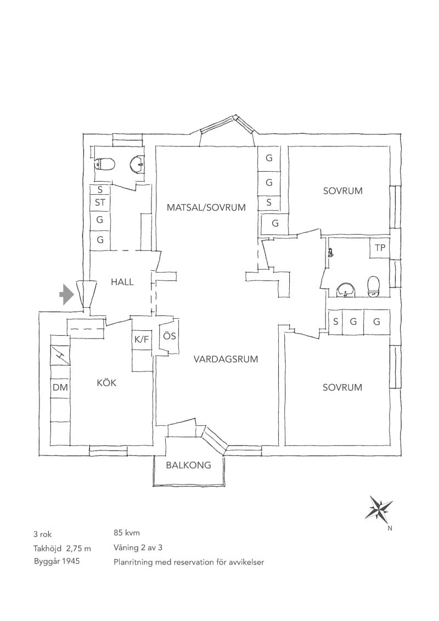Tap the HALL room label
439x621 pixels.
click(x=122, y=283)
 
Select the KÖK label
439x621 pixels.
click(x=106, y=382)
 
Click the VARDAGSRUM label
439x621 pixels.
click(x=226, y=359)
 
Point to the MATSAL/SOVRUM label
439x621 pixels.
click(x=206, y=207)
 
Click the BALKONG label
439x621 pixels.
click(x=188, y=465)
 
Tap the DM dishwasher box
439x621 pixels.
click(x=60, y=387)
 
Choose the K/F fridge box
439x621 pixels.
click(x=142, y=340)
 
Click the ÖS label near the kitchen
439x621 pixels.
click(x=170, y=336)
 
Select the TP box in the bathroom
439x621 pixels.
click(x=380, y=248)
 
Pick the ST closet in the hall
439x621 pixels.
click(x=100, y=202)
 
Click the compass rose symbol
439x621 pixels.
click(x=380, y=507)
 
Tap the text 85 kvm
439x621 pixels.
click(x=126, y=533)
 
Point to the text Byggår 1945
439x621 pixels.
click(x=57, y=561)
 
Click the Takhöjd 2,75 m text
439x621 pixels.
click(x=62, y=548)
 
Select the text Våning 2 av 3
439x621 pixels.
click(x=138, y=547)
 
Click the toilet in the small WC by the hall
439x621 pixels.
click(x=105, y=163)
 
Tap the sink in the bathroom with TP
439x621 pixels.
click(x=347, y=290)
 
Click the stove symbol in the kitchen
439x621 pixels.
click(x=60, y=355)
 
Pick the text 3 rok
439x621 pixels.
click(x=43, y=534)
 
